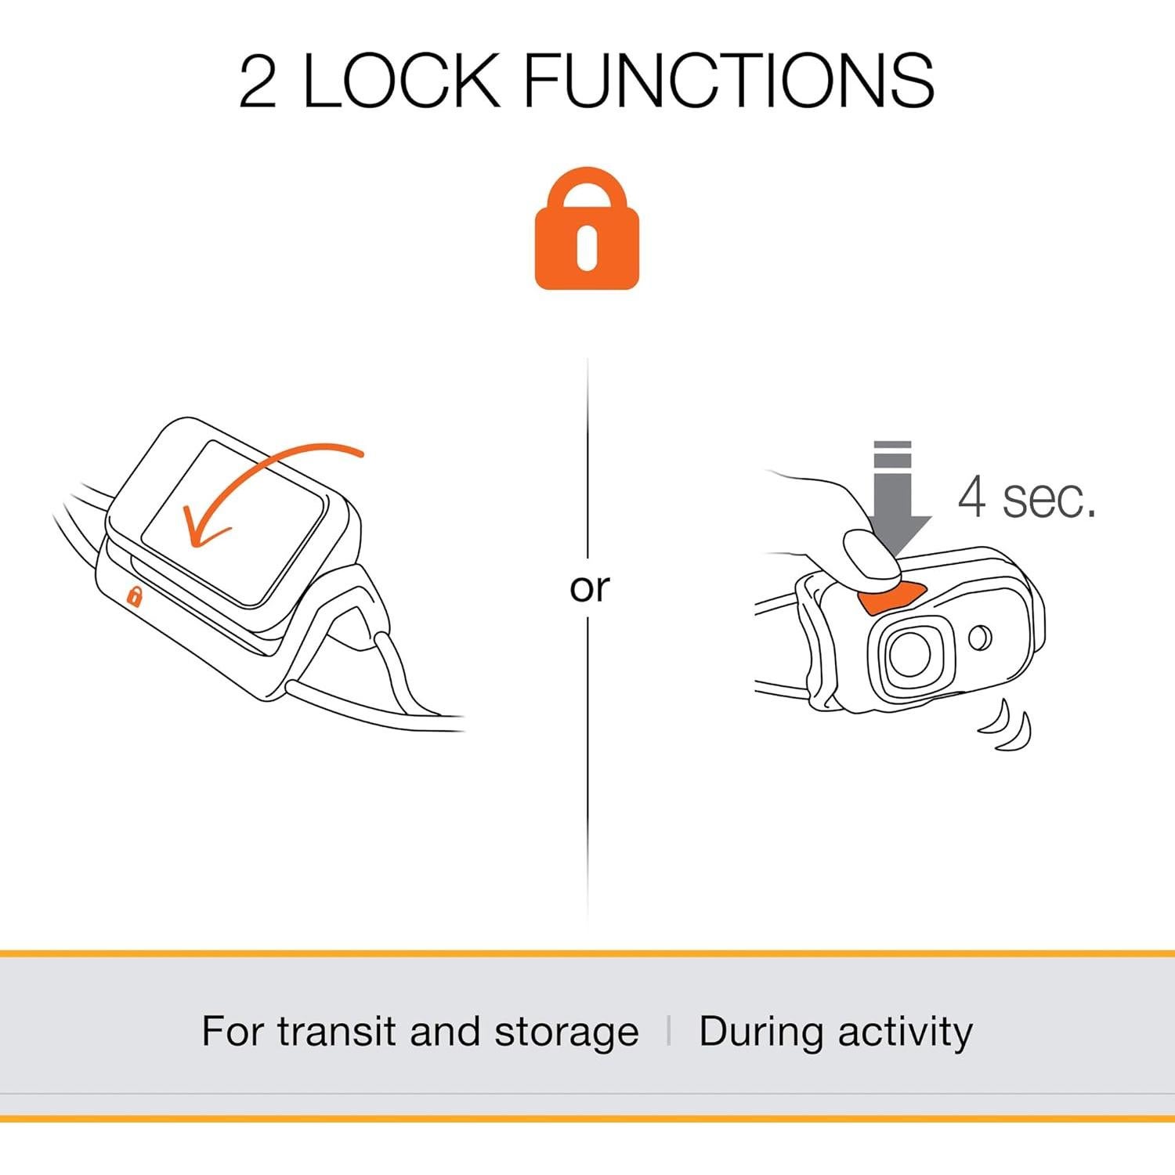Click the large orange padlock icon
pyautogui.click(x=587, y=231)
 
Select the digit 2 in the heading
pyautogui.click(x=258, y=81)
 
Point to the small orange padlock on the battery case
pyautogui.click(x=135, y=597)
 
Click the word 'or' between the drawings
pyautogui.click(x=589, y=587)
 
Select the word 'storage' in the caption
pyautogui.click(x=566, y=1032)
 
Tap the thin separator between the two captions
pyautogui.click(x=668, y=1030)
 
